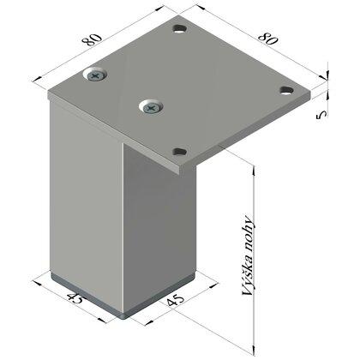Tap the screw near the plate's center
click(153, 106)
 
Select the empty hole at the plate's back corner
click(179, 31)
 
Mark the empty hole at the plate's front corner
click(179, 152)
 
